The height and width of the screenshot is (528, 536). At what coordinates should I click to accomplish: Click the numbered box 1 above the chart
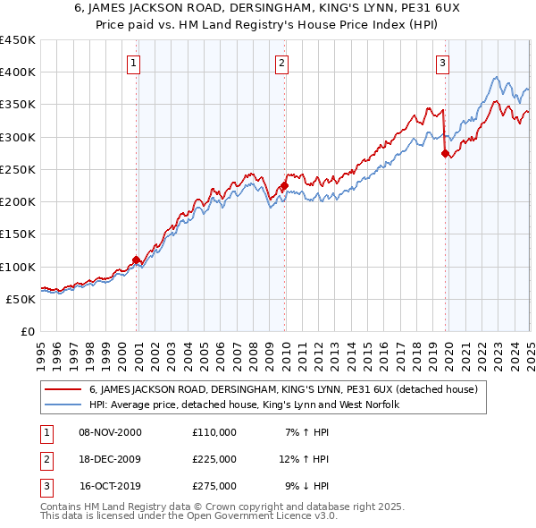pyautogui.click(x=133, y=63)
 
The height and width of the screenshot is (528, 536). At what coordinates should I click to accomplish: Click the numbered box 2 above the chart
pyautogui.click(x=281, y=63)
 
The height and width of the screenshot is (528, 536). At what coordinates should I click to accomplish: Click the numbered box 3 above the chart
pyautogui.click(x=442, y=63)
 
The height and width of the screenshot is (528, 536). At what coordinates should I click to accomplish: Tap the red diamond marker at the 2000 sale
pyautogui.click(x=137, y=260)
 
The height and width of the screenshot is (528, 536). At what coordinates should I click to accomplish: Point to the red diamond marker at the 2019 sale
pyautogui.click(x=445, y=154)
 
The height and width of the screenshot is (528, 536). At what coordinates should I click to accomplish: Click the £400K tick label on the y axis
pyautogui.click(x=18, y=72)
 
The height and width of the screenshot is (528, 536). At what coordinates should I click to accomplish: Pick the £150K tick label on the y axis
pyautogui.click(x=18, y=234)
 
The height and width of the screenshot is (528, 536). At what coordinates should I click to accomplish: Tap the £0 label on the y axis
pyautogui.click(x=28, y=332)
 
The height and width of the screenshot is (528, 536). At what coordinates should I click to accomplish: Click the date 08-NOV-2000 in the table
pyautogui.click(x=110, y=432)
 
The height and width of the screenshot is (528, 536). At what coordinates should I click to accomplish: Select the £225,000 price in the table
pyautogui.click(x=214, y=459)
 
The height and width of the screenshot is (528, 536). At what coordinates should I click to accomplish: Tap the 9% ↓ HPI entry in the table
pyautogui.click(x=306, y=486)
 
